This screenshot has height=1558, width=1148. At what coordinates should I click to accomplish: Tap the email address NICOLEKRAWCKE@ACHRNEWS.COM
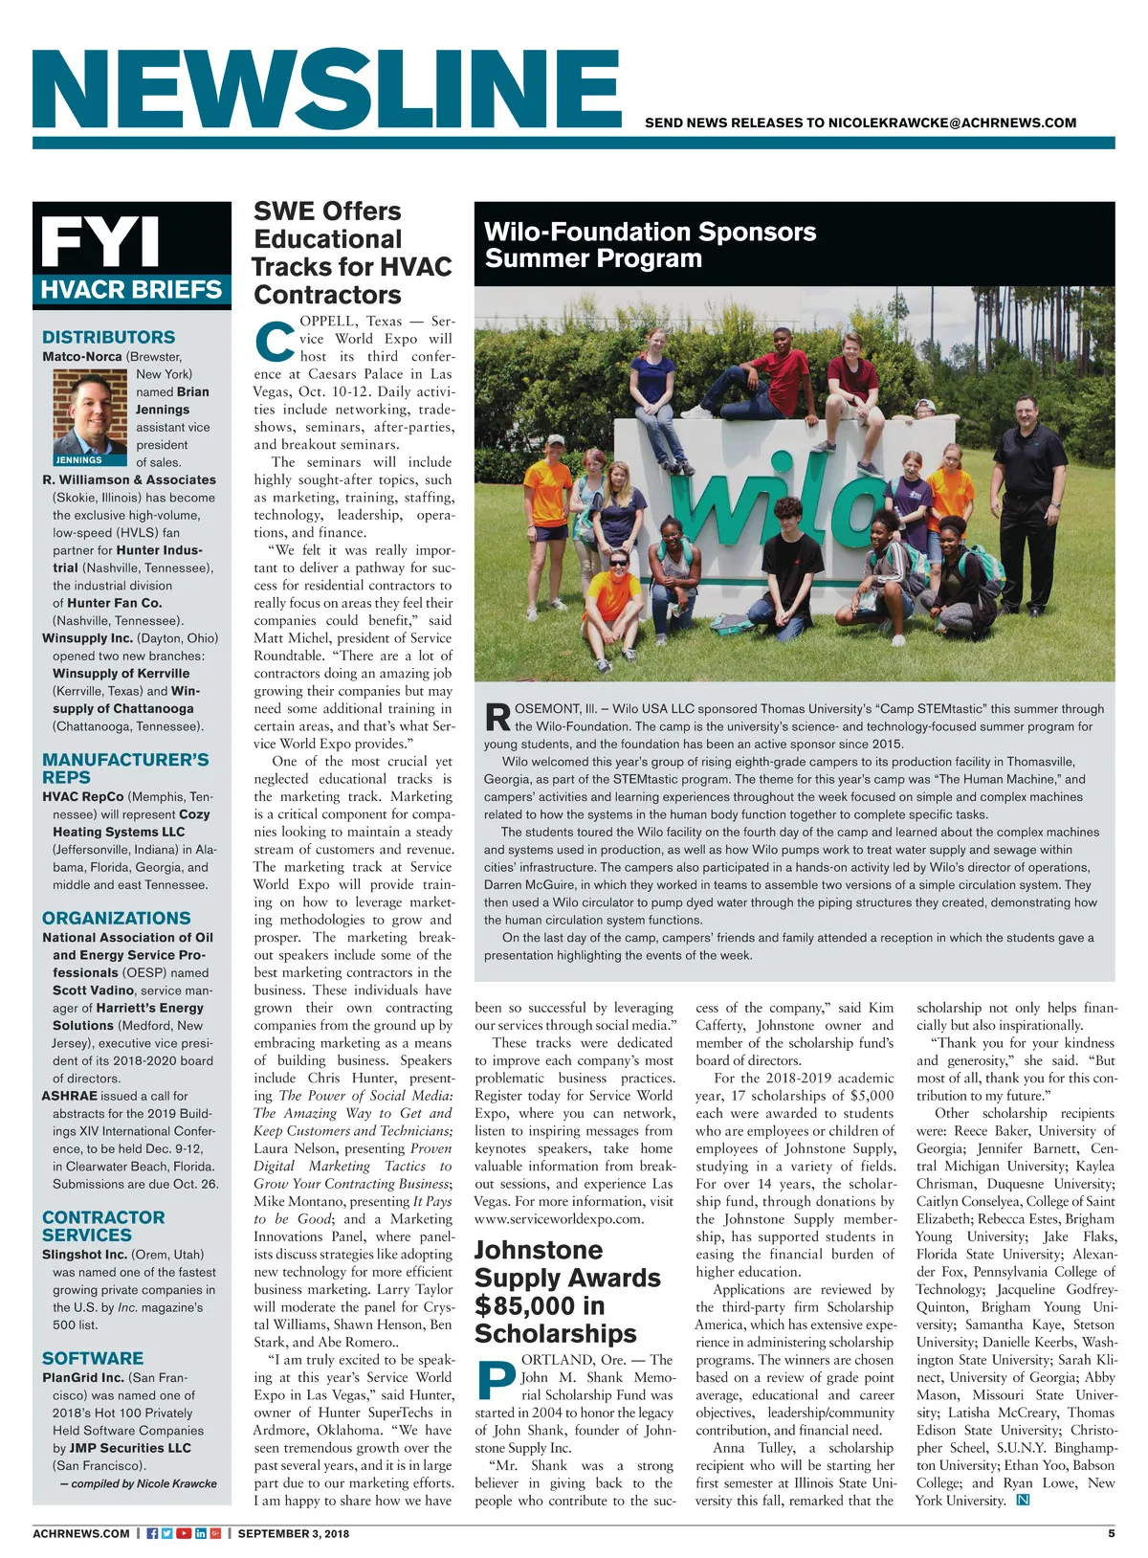(952, 123)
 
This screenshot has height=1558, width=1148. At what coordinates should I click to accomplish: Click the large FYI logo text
(100, 242)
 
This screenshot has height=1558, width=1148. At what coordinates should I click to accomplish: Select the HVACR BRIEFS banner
(132, 290)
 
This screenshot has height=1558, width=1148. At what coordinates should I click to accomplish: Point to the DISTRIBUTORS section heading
(108, 337)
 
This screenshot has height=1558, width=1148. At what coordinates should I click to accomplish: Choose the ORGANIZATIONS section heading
(116, 918)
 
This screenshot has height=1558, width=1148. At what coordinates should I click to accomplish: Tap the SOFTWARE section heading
(93, 1358)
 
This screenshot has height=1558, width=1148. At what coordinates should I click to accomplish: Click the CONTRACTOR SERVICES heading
(103, 1226)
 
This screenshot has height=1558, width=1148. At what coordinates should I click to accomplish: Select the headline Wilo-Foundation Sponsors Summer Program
(651, 245)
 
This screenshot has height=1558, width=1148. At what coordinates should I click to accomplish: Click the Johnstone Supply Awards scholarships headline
(567, 1291)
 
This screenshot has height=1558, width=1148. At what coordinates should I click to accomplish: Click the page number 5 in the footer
(1111, 1533)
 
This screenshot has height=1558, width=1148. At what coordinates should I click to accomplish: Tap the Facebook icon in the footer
(152, 1533)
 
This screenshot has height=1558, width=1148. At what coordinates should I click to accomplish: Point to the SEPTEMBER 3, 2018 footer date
(294, 1533)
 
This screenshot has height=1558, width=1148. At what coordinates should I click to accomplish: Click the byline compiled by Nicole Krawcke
(138, 1483)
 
